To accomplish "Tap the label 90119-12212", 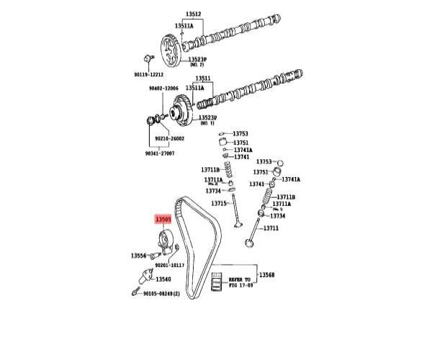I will click(150, 74).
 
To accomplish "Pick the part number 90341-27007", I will click(160, 153).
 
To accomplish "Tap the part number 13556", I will click(139, 256).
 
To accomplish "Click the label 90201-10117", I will click(170, 265).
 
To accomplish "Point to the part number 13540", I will click(164, 279).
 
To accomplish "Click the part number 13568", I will click(267, 275).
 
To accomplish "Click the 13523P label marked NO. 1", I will click(208, 119).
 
